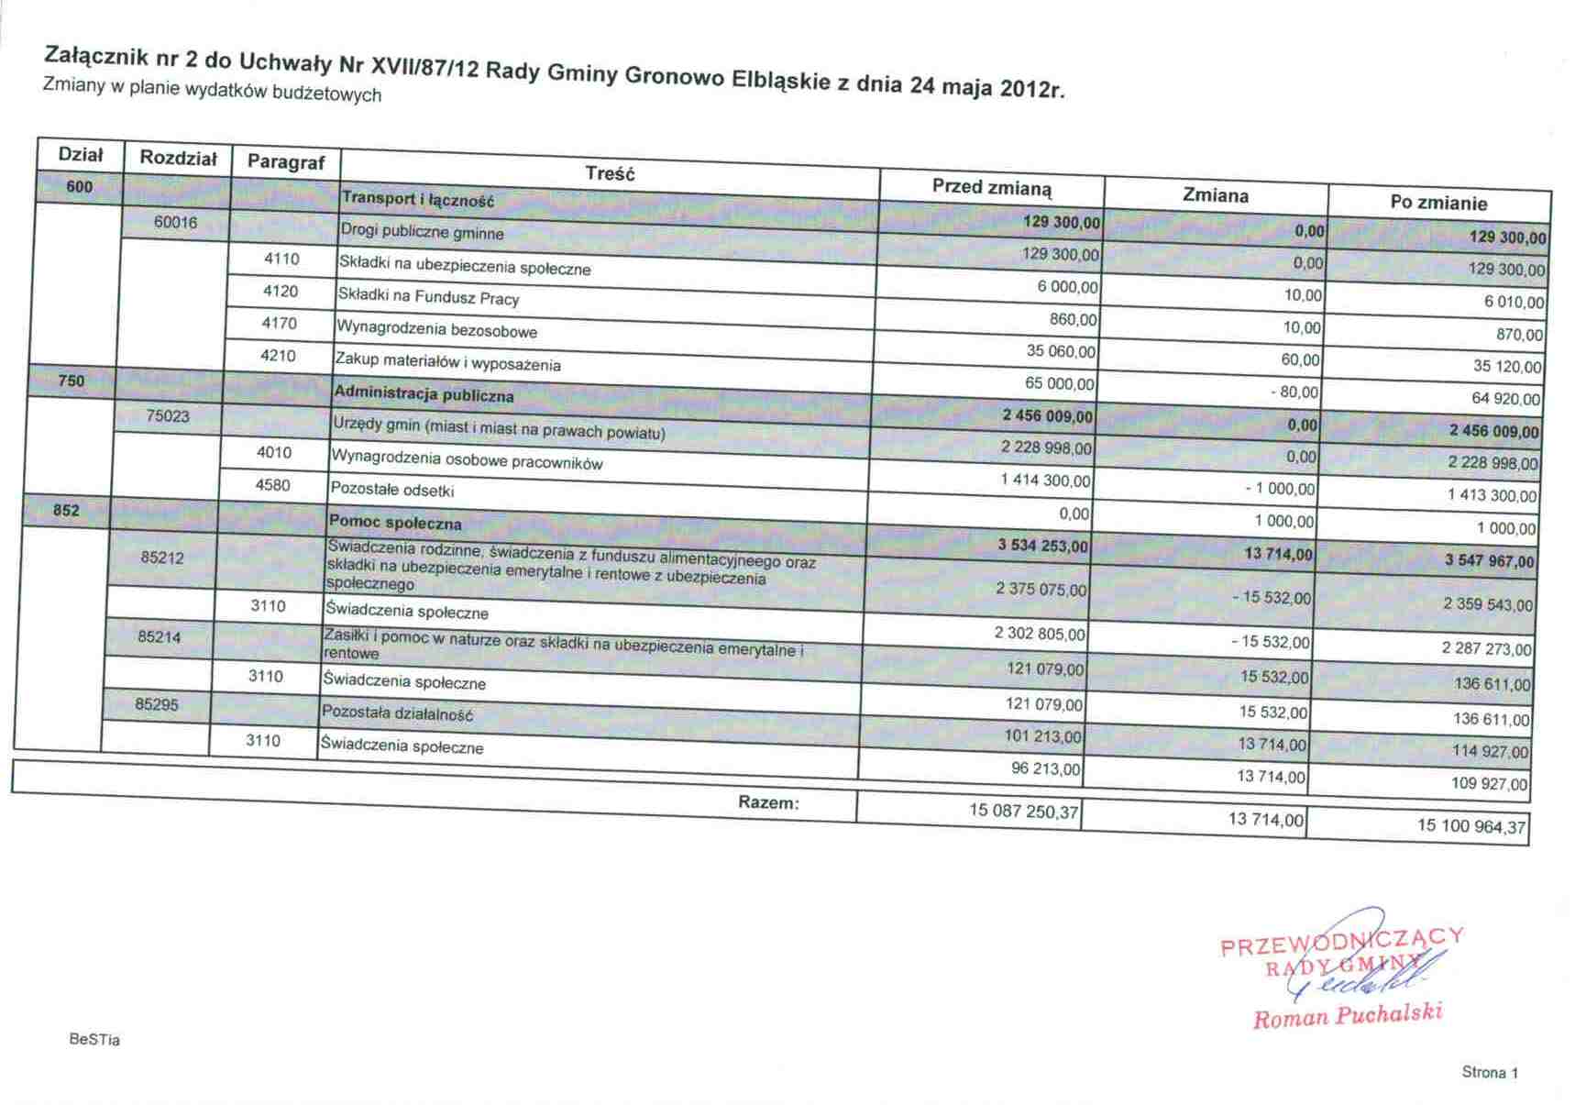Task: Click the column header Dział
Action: [81, 155]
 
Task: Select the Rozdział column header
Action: [178, 158]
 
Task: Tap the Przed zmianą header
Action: [992, 187]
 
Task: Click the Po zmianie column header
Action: [1437, 203]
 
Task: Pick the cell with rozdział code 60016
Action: [175, 223]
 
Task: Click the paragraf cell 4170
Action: [280, 323]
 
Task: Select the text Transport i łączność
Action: [417, 199]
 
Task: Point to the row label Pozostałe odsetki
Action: [391, 490]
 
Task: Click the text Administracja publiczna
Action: [424, 395]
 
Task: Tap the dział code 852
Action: [66, 510]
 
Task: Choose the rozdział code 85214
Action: [160, 636]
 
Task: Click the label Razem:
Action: [768, 802]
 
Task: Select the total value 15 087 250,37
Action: [1023, 811]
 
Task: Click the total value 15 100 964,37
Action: [1470, 826]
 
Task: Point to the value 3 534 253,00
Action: [1042, 547]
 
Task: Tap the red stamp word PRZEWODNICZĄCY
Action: [1340, 941]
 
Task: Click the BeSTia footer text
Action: [94, 1040]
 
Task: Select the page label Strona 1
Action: [1490, 1072]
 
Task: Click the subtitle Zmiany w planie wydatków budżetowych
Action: [212, 90]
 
